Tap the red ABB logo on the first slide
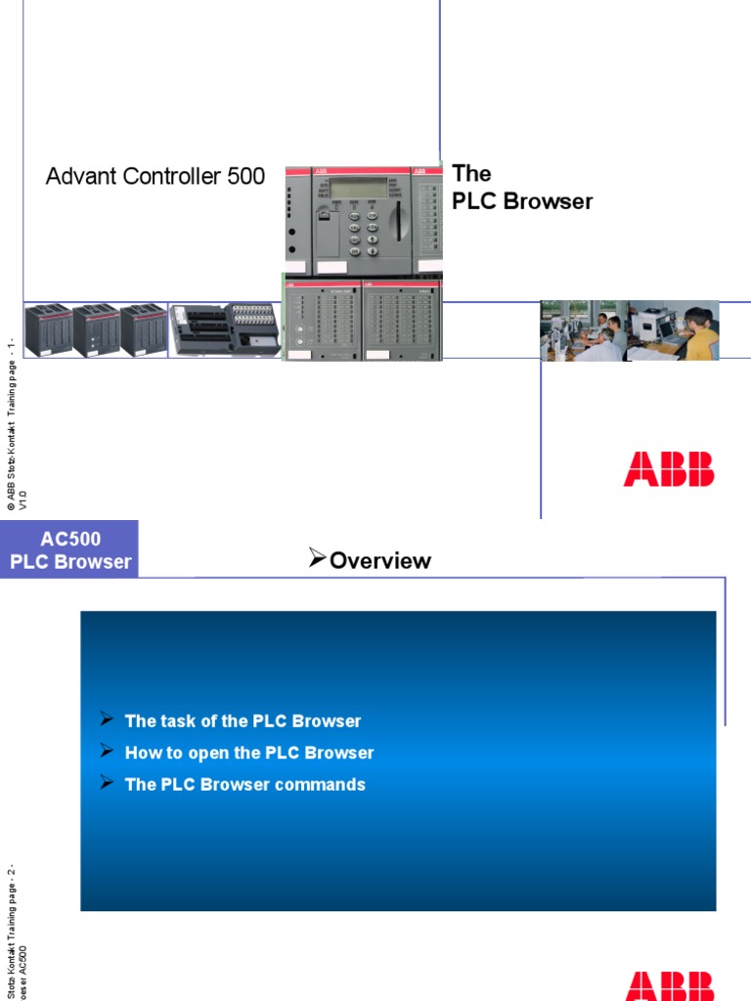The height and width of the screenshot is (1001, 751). pos(669,469)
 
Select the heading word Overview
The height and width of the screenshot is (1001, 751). pos(380,560)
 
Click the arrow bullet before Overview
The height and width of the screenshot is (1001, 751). pos(317,558)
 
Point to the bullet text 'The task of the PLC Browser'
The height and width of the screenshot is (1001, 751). pos(243,721)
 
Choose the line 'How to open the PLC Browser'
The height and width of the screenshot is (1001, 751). pos(249,753)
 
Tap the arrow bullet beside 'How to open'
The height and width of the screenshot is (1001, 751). pos(107,752)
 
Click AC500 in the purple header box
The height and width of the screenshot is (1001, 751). pos(70,539)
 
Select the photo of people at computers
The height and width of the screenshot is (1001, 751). pos(629,330)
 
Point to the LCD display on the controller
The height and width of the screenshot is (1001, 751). pos(355,189)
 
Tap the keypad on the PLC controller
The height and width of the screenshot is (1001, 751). pos(361,232)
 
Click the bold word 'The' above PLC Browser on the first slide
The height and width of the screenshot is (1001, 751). pos(471,174)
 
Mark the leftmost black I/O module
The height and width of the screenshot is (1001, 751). pos(47,330)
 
